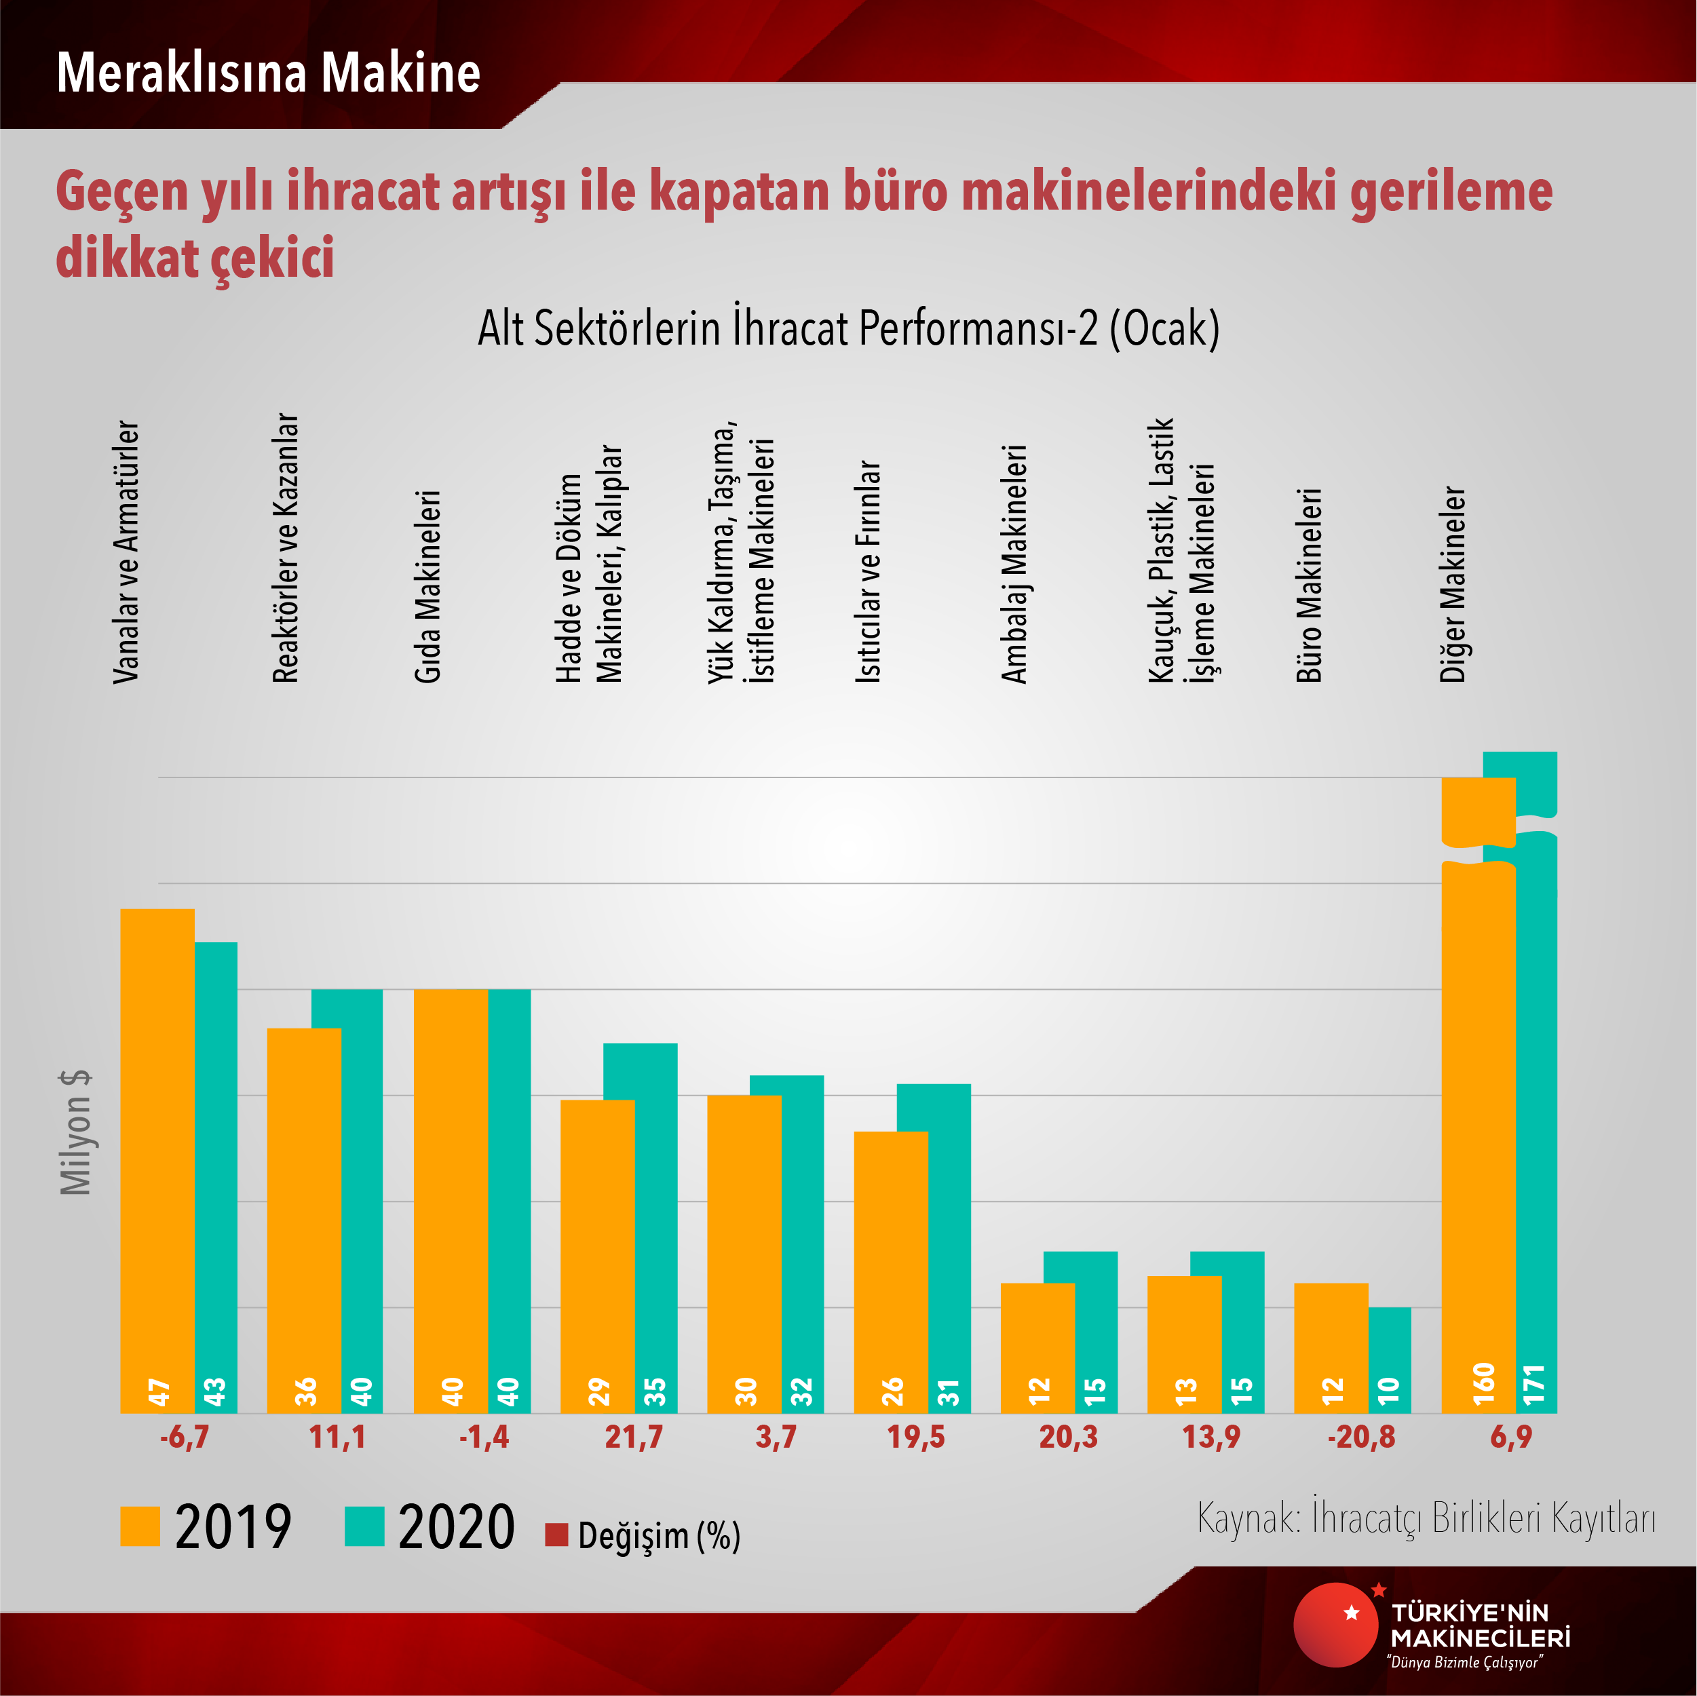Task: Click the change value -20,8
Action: pyautogui.click(x=1360, y=1438)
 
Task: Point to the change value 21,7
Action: pyautogui.click(x=633, y=1438)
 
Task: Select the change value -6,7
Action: pyautogui.click(x=185, y=1438)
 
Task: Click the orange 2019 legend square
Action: pyautogui.click(x=140, y=1526)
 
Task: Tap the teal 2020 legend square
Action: pyautogui.click(x=364, y=1526)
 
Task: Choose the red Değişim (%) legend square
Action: pyautogui.click(x=556, y=1535)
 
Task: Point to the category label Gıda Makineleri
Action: pyautogui.click(x=427, y=587)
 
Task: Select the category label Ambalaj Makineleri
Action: pyautogui.click(x=1014, y=564)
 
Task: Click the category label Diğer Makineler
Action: pyautogui.click(x=1453, y=585)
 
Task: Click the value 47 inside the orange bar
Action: pyautogui.click(x=158, y=1392)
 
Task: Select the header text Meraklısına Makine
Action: pyautogui.click(x=268, y=72)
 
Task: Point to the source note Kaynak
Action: pyautogui.click(x=1426, y=1518)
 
